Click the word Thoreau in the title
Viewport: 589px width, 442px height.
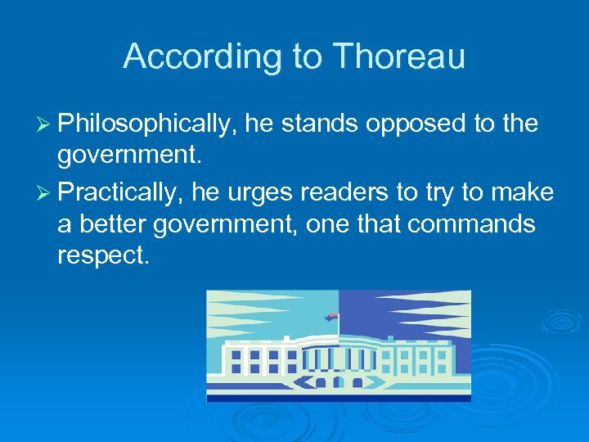tap(398, 56)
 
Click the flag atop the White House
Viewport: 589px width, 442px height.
tap(331, 317)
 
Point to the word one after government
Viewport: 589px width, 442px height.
tap(328, 224)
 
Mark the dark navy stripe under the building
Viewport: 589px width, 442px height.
tap(339, 397)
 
